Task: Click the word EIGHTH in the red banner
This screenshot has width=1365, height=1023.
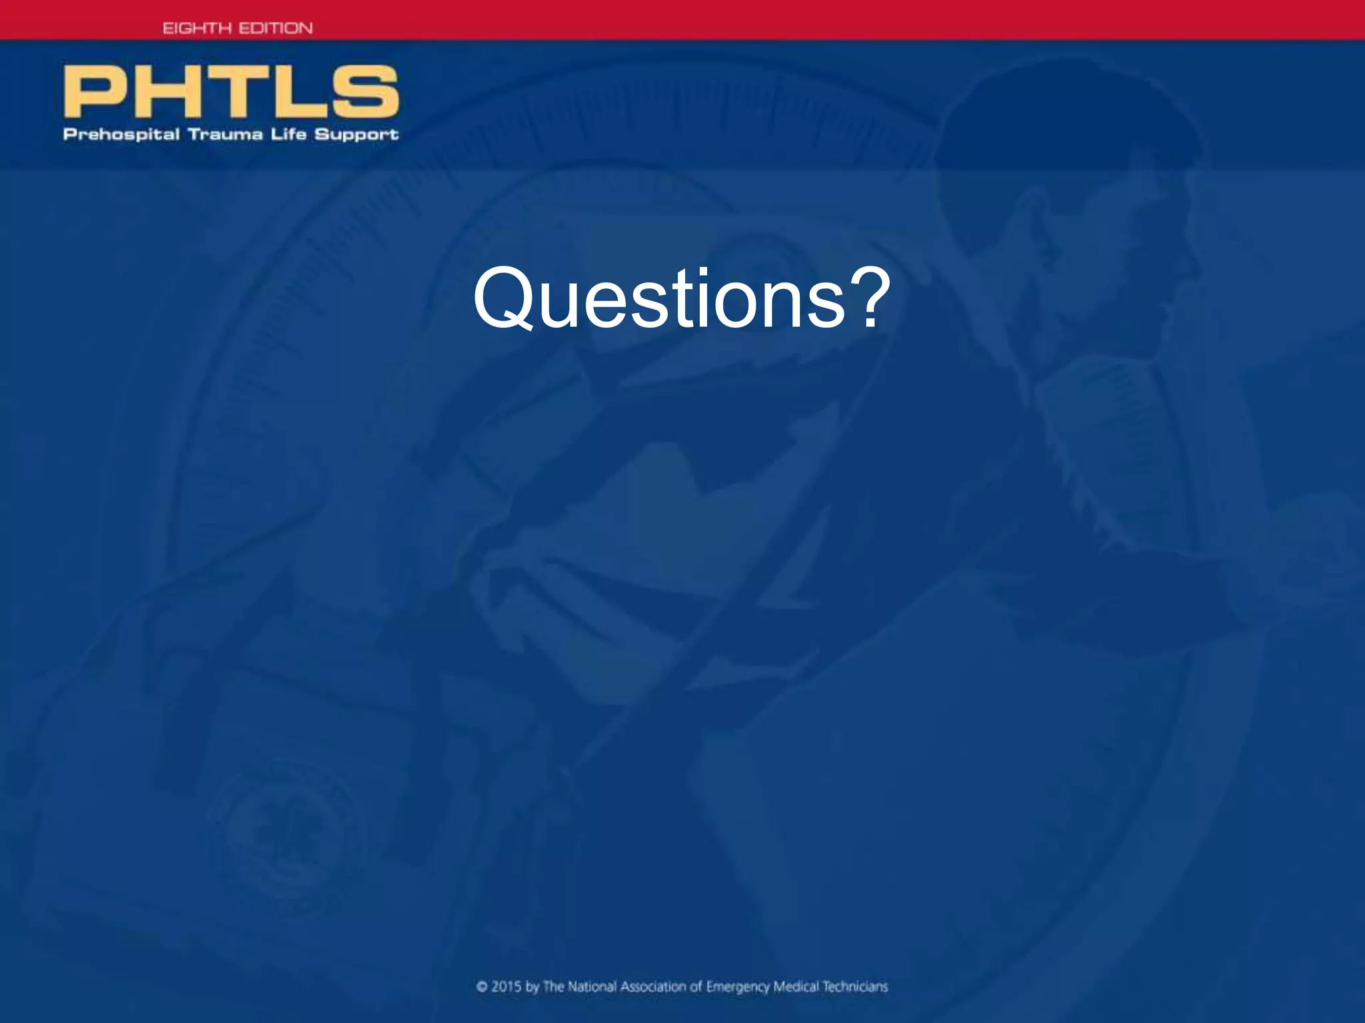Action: click(x=197, y=28)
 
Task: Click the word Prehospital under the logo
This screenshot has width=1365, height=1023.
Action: click(x=121, y=135)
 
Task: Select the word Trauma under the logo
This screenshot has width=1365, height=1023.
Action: click(x=225, y=135)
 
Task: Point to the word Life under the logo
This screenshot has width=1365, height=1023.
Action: click(x=288, y=134)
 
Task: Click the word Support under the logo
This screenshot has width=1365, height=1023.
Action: click(x=356, y=135)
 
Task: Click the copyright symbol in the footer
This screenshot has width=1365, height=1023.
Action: click(x=482, y=987)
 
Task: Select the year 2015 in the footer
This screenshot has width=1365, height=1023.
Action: click(x=506, y=987)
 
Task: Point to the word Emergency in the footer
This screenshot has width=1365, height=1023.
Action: click(x=737, y=987)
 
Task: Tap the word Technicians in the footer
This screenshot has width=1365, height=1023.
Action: click(x=854, y=987)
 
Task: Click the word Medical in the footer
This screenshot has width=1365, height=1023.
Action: click(x=796, y=987)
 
